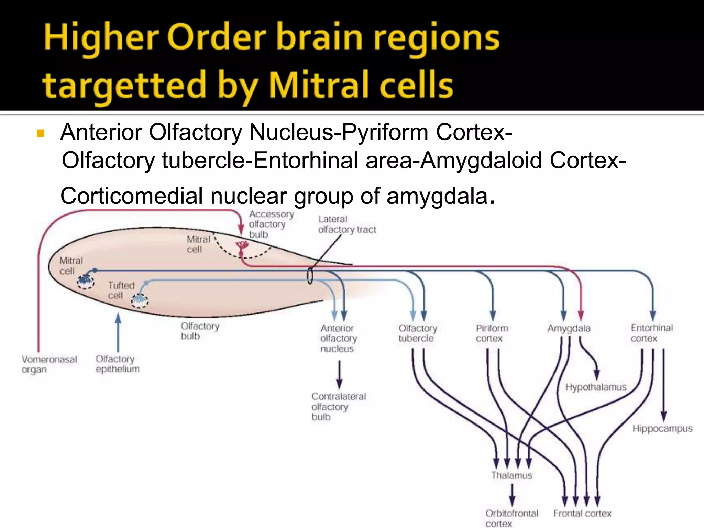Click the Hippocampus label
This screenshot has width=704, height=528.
[x=662, y=429]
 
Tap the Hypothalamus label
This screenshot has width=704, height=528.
[x=596, y=387]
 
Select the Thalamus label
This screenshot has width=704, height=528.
[x=512, y=475]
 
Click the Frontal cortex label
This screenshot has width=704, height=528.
[x=582, y=513]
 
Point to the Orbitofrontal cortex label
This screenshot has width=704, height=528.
[x=511, y=518]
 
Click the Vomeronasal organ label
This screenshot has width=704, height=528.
[x=49, y=364]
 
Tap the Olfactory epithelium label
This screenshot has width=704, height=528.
[x=118, y=364]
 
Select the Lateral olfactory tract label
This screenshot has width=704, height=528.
[x=346, y=224]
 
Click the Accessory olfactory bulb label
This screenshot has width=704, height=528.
[x=271, y=224]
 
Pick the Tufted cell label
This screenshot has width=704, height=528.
[x=121, y=290]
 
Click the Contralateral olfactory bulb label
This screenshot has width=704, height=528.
[x=339, y=406]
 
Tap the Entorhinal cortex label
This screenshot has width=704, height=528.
[x=651, y=333]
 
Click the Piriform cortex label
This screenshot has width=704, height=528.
[x=492, y=333]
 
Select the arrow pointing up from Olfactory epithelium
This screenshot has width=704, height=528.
[x=118, y=332]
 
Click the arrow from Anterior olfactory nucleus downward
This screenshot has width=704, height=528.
[x=339, y=375]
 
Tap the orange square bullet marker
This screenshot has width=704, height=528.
[x=41, y=133]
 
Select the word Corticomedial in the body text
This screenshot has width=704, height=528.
[x=131, y=196]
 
